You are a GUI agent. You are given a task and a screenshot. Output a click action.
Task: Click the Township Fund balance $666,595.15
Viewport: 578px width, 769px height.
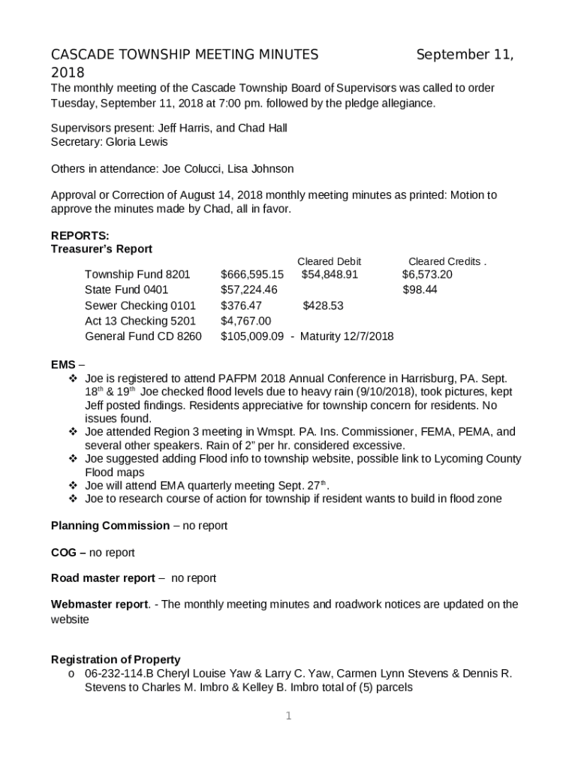click(x=252, y=275)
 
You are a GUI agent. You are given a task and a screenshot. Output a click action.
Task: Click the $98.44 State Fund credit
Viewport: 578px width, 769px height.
click(x=420, y=290)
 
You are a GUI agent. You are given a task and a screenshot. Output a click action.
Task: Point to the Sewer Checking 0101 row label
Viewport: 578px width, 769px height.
click(x=140, y=306)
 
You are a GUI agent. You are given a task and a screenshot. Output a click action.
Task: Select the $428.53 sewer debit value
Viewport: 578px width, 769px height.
click(x=323, y=306)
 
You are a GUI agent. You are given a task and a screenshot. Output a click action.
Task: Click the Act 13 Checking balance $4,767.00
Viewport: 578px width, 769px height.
click(x=245, y=321)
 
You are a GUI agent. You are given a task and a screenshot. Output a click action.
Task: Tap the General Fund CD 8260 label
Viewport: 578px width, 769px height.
click(x=143, y=336)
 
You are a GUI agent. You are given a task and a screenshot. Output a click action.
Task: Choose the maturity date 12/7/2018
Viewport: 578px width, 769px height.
click(x=369, y=336)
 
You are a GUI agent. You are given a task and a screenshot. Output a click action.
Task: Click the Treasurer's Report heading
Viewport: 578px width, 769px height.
click(x=101, y=249)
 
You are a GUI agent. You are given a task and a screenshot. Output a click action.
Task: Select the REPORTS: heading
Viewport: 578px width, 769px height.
click(x=80, y=235)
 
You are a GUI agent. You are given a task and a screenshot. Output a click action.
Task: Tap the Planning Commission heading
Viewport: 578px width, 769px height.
click(x=110, y=526)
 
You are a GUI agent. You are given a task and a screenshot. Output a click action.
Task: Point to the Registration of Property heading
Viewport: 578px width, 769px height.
click(x=116, y=659)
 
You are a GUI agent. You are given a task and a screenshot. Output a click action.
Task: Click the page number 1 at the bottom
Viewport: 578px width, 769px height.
click(x=289, y=716)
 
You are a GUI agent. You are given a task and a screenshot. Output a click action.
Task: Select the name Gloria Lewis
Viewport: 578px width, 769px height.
click(x=137, y=142)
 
